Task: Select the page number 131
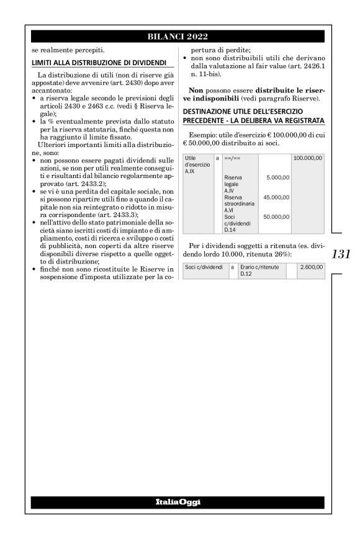(341, 254)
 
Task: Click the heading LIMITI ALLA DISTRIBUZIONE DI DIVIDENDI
(98, 62)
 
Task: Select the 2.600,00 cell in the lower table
(310, 267)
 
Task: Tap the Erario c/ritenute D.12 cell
(261, 270)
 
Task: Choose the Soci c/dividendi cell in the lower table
(204, 267)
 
